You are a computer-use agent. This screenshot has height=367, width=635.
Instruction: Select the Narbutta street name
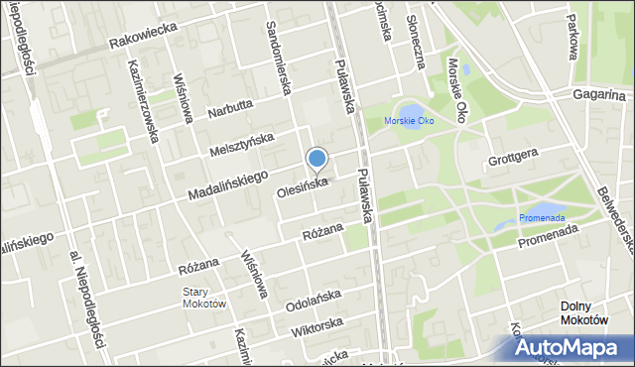pos(231,108)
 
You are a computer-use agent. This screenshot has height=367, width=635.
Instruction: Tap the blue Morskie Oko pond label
pos(409,122)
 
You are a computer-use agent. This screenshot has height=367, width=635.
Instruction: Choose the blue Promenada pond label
pos(541,218)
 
